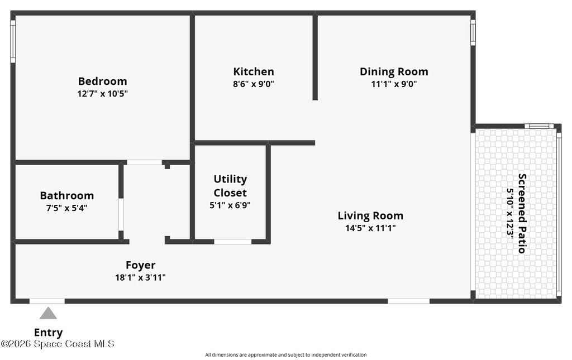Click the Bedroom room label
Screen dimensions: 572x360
tap(103, 81)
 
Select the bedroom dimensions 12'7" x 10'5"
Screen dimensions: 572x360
tap(103, 94)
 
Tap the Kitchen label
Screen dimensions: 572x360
tap(254, 71)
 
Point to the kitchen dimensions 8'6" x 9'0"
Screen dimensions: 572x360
tap(254, 84)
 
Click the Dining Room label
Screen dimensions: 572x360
tap(394, 71)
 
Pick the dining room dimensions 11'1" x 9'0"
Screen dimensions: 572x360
tap(394, 84)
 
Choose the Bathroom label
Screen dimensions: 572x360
tap(67, 196)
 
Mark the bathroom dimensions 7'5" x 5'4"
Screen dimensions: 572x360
tap(67, 208)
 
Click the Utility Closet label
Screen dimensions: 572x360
tap(230, 186)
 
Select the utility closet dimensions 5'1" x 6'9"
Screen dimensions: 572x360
tap(230, 205)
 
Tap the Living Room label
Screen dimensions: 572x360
tap(371, 215)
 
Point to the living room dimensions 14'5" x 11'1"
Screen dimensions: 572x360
tap(371, 228)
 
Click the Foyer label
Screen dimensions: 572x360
tap(140, 265)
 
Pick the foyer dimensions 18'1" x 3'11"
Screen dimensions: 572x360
tap(140, 277)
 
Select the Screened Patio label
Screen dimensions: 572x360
tap(522, 214)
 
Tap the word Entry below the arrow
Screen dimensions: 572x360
tap(48, 333)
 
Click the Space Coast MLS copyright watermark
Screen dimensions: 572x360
tap(58, 344)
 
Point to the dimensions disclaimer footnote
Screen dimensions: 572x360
tap(286, 354)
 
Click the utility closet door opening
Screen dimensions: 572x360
tap(233, 242)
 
